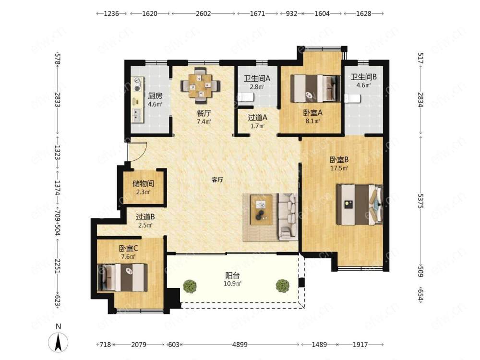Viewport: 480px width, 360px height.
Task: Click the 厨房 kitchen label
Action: point(155,96)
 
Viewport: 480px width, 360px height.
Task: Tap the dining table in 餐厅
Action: point(201,86)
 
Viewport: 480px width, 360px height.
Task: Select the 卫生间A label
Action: point(257,79)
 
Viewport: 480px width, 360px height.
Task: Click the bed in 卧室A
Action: point(315,88)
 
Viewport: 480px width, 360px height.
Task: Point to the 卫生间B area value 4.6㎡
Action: point(364,85)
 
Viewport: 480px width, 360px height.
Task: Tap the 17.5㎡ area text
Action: point(339,168)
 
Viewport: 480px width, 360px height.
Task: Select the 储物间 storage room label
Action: point(143,184)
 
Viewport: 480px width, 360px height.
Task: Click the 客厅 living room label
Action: point(217,180)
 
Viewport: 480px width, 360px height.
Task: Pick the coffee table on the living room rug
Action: point(261,210)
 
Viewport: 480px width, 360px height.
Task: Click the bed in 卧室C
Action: point(122,277)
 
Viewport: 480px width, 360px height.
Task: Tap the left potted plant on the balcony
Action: point(190,287)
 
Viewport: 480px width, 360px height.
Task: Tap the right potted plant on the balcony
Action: point(282,286)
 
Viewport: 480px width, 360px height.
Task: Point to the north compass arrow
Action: point(59,342)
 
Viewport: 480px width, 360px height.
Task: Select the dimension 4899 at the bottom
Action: point(240,345)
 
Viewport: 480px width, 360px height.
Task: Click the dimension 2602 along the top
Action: point(203,13)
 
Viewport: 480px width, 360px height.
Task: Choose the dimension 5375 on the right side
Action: point(420,201)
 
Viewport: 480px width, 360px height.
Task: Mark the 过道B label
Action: point(145,217)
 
